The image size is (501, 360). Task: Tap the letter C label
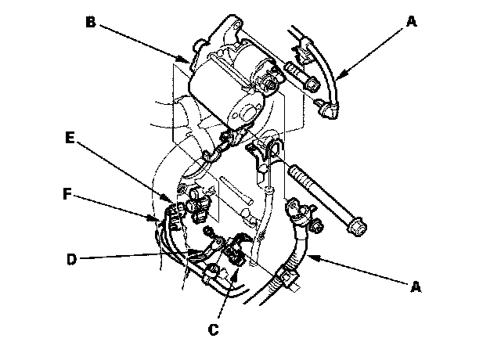pyautogui.click(x=213, y=329)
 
